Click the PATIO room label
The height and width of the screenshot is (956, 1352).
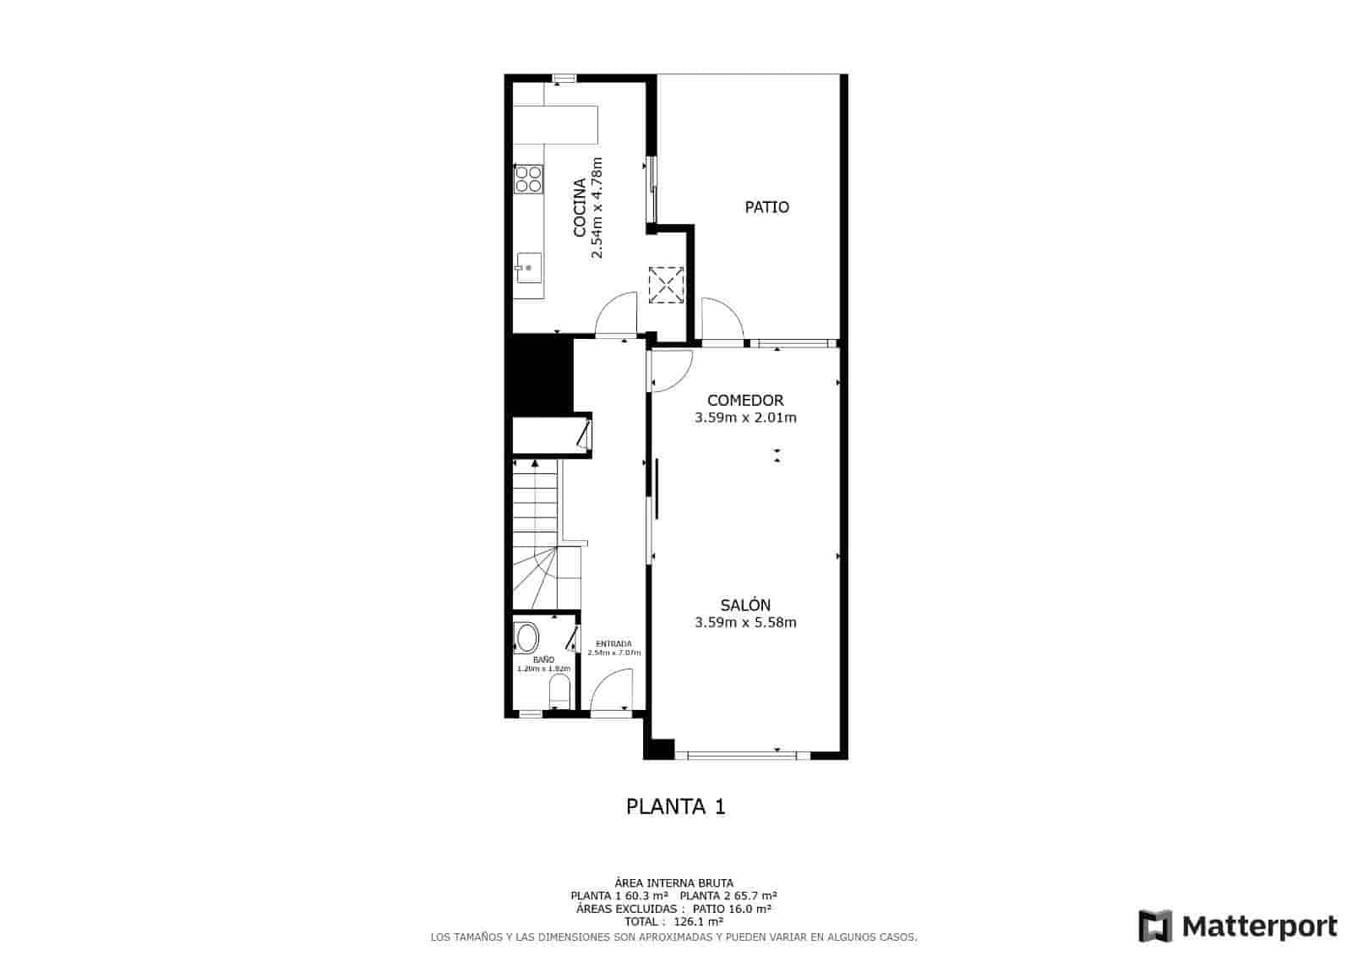(x=766, y=207)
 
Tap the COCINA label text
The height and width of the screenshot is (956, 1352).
(x=580, y=207)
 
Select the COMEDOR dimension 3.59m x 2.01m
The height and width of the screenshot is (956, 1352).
(x=745, y=418)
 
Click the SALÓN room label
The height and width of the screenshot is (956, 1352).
(x=745, y=605)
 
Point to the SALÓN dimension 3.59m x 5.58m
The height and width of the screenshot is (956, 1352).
(x=745, y=623)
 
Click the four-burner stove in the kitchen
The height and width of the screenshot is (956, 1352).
(x=529, y=178)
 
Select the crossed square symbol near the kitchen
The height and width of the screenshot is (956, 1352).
(x=665, y=284)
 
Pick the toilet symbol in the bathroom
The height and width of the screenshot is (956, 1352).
(x=559, y=697)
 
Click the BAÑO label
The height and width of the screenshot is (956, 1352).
(x=543, y=659)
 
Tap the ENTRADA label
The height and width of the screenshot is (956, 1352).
(x=613, y=644)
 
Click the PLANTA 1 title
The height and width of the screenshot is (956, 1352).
(x=675, y=806)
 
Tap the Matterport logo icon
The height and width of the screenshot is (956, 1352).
(x=1155, y=926)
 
